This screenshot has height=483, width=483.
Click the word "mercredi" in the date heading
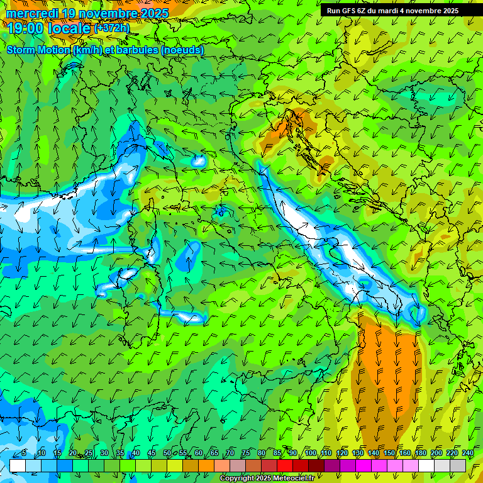(32, 13)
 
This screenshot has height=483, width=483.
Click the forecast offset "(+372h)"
(112, 28)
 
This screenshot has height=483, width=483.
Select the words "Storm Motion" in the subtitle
(38, 50)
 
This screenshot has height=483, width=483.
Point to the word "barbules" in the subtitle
(138, 50)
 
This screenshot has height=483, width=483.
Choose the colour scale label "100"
(311, 453)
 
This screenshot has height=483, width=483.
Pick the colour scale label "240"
(468, 453)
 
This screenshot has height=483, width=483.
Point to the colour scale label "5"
(24, 453)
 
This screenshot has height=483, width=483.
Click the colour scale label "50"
(167, 453)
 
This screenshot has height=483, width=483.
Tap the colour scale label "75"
(246, 453)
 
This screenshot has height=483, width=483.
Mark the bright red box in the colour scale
(285, 465)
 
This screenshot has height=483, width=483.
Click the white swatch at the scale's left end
(18, 465)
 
